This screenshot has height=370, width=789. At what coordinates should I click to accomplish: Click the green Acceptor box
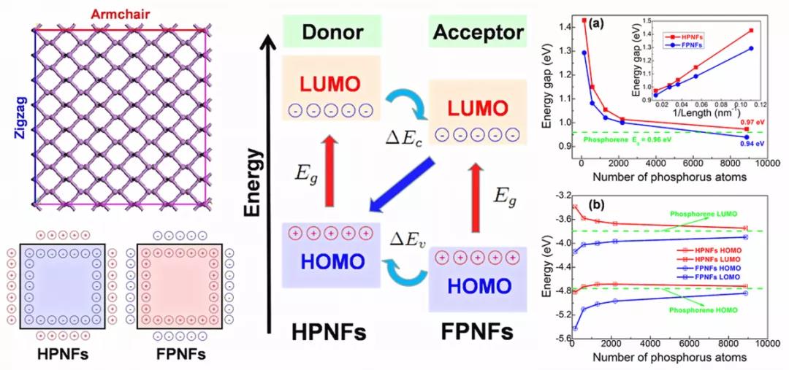click(478, 33)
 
